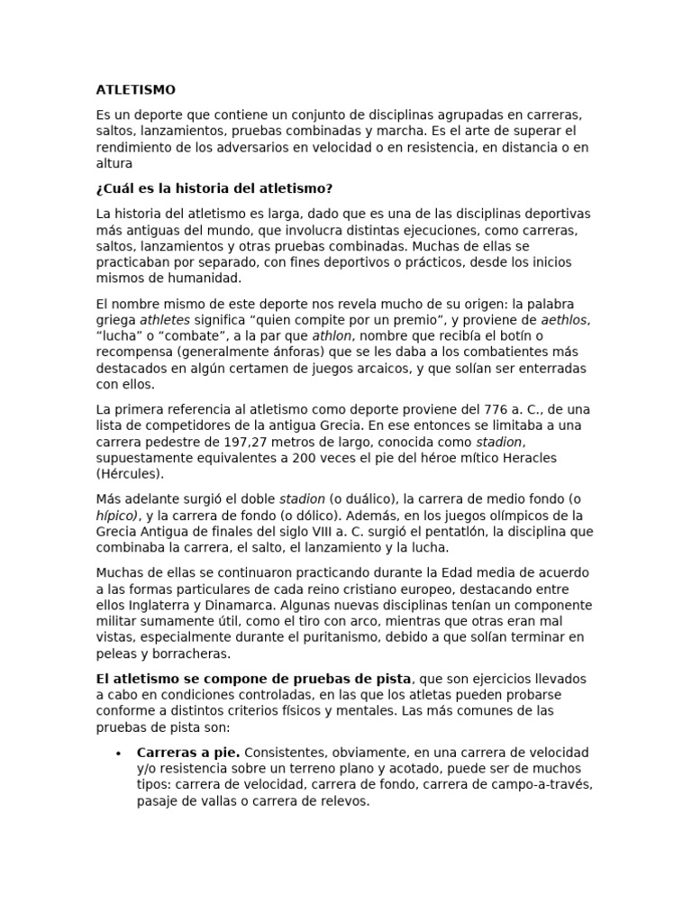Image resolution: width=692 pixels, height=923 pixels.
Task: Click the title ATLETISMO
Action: click(x=136, y=90)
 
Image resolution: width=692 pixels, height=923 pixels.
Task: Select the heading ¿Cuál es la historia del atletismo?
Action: click(x=214, y=188)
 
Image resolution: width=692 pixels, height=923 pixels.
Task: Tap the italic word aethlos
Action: click(x=565, y=319)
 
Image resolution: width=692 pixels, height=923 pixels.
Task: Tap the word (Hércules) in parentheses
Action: click(x=131, y=474)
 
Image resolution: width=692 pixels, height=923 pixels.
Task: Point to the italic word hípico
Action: click(x=117, y=515)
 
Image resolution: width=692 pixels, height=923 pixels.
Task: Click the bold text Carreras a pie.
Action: click(x=188, y=752)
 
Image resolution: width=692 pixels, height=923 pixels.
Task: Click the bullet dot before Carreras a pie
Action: click(x=118, y=753)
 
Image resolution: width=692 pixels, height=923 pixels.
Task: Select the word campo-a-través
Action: click(x=548, y=784)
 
